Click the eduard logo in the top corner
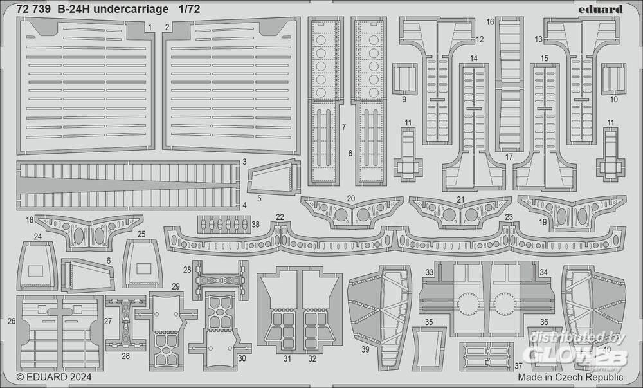tap(601, 9)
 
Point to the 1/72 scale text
tap(190, 10)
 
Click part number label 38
tap(256, 225)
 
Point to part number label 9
tap(404, 99)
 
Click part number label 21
tap(460, 199)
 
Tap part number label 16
tap(490, 22)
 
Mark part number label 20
tap(351, 198)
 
